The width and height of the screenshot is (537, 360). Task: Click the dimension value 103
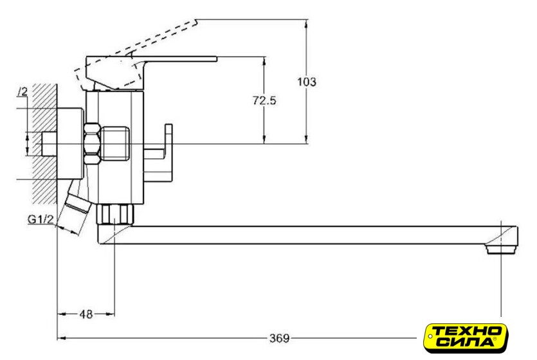coord(307,82)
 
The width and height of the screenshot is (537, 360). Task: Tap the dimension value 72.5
coord(264,101)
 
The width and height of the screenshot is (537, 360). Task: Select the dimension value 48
coord(86,314)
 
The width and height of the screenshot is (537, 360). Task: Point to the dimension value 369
coord(280,338)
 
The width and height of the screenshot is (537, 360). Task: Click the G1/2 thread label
coord(41,219)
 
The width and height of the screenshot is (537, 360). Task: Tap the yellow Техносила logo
coord(466,338)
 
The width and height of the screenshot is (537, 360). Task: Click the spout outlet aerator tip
coord(502,249)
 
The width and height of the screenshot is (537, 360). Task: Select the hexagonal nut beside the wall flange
coord(92,144)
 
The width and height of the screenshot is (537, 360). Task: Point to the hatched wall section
coord(44,143)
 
